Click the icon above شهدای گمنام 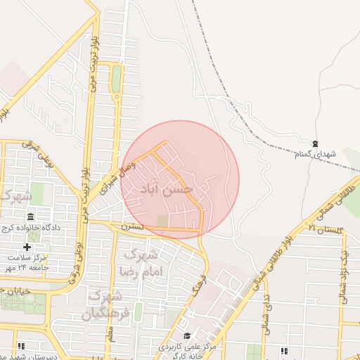point(314,143)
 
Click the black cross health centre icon point(27,247)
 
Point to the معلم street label point(110,337)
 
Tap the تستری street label point(131,227)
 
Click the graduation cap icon point(186,335)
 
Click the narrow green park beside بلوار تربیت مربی point(116,79)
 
